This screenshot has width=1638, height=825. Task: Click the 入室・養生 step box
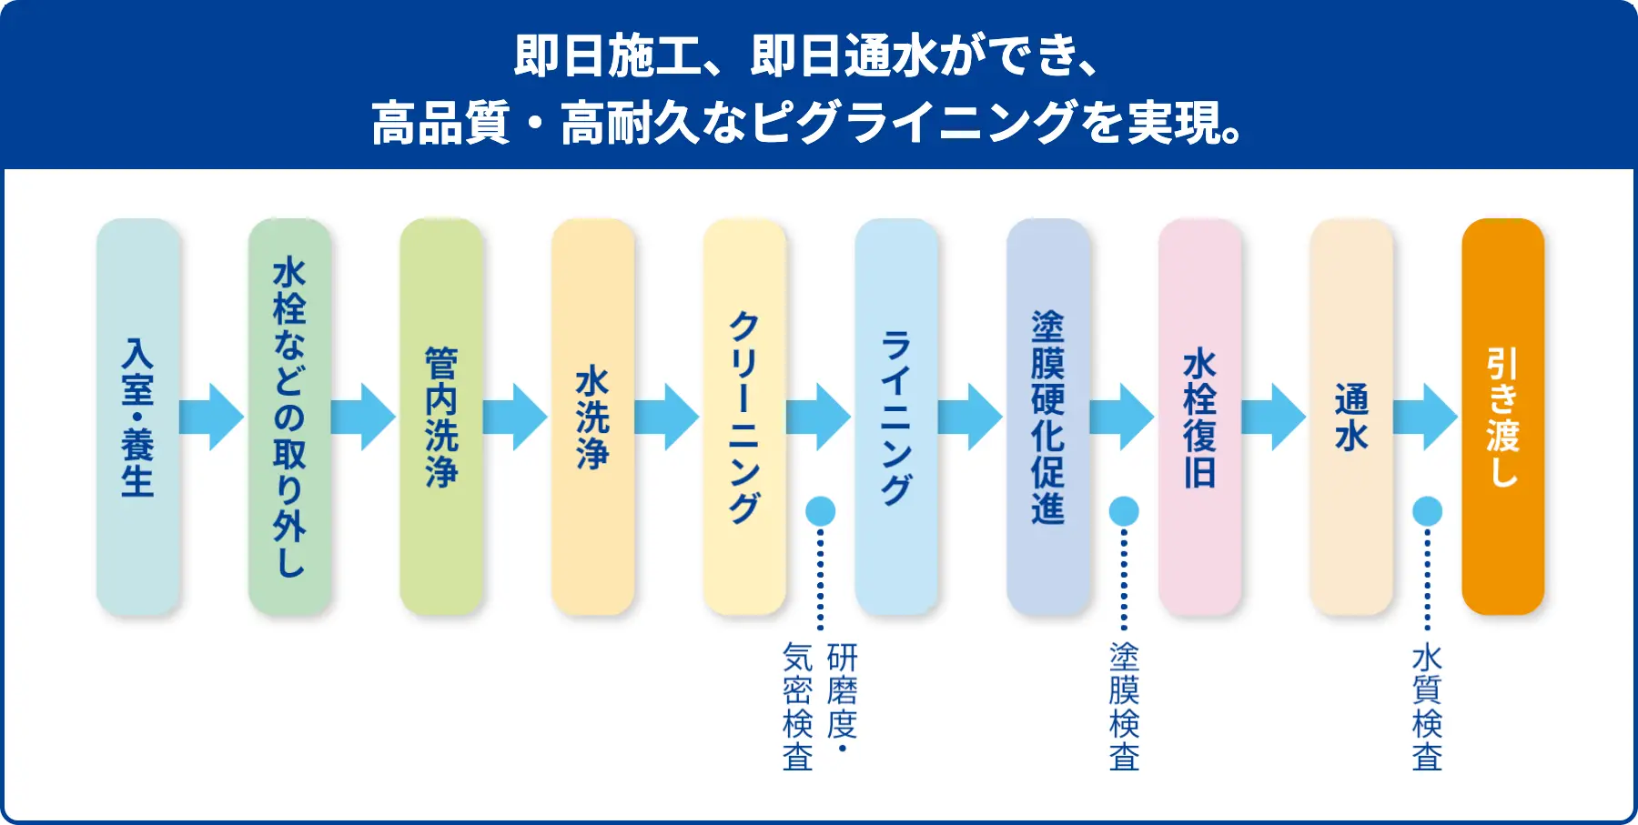[x=138, y=417]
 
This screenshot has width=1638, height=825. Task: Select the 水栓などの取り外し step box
[x=289, y=417]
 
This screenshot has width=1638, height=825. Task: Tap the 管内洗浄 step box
[x=441, y=417]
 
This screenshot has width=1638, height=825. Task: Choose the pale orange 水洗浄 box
[x=592, y=417]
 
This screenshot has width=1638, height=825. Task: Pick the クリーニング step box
[x=744, y=417]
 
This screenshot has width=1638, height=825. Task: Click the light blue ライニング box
[x=896, y=417]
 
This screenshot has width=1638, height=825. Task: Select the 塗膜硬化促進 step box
[x=1048, y=417]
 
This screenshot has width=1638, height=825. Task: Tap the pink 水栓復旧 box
[x=1200, y=417]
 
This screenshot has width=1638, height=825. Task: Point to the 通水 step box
[x=1351, y=417]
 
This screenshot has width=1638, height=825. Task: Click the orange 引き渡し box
[x=1503, y=417]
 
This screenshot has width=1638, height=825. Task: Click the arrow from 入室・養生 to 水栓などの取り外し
[x=212, y=417]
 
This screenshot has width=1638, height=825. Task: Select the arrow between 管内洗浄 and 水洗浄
[x=515, y=417]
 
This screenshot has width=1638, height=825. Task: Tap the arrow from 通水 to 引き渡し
[x=1426, y=417]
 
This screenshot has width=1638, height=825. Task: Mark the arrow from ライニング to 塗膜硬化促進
[x=971, y=417]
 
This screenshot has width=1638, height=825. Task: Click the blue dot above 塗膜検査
[x=1124, y=511]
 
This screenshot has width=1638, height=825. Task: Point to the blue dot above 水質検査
[x=1427, y=511]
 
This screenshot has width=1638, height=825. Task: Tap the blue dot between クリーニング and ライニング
[x=820, y=511]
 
